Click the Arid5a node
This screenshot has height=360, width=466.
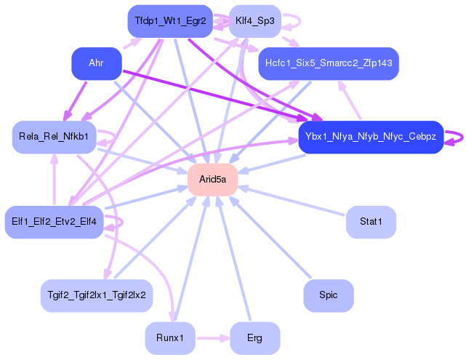(x=213, y=180)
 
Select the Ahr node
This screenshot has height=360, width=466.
(x=96, y=64)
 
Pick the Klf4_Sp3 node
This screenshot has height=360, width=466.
(x=254, y=22)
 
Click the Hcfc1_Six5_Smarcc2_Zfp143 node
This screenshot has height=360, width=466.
(x=329, y=64)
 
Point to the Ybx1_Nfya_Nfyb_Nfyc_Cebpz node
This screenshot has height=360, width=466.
(x=370, y=137)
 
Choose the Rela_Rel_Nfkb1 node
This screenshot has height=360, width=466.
(x=55, y=137)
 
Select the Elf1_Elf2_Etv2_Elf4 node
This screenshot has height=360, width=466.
(x=55, y=221)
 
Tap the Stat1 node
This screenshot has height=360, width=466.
(x=371, y=221)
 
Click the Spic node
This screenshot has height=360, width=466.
(x=329, y=295)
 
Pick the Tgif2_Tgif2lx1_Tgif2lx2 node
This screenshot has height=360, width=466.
(x=96, y=295)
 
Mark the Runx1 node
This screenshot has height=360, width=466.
(x=170, y=337)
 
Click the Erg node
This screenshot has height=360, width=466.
(x=254, y=337)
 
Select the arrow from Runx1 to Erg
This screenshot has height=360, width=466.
(x=212, y=337)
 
